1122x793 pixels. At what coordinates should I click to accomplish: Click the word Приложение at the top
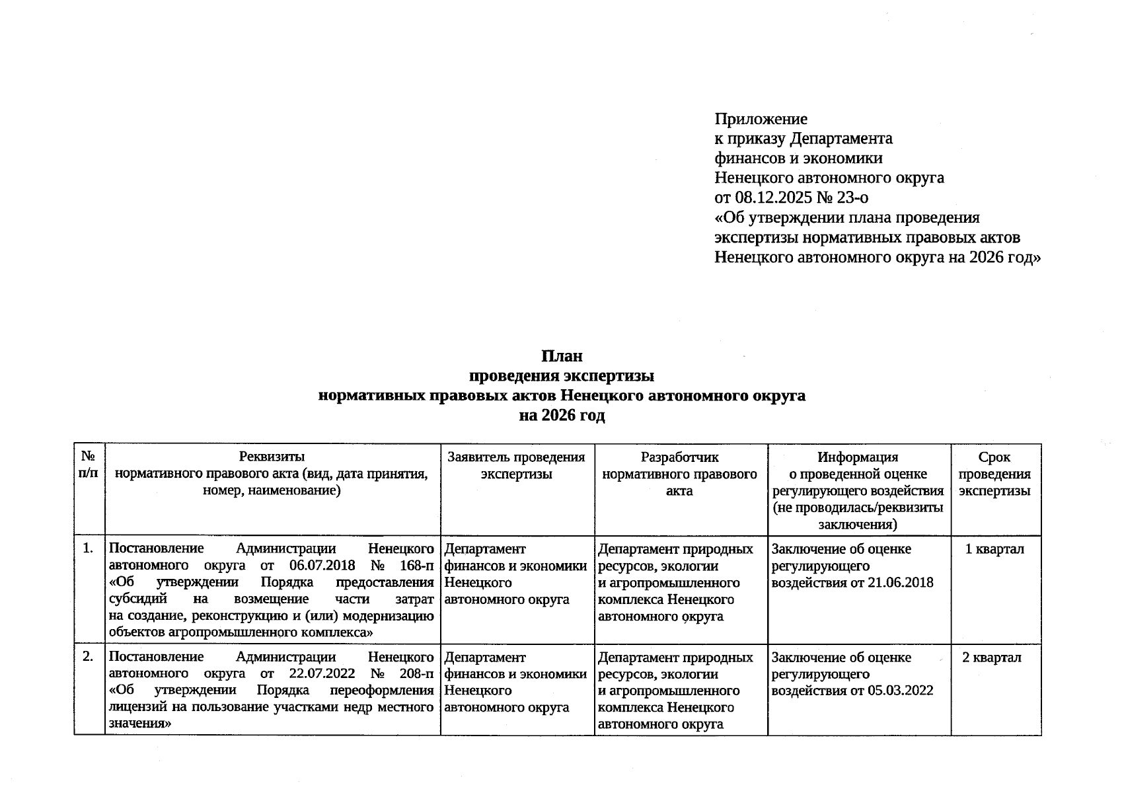tap(761, 120)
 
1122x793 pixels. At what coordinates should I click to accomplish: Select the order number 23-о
tap(850, 198)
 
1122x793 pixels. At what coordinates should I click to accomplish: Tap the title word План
tap(562, 356)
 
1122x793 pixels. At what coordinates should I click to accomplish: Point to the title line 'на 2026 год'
tap(562, 416)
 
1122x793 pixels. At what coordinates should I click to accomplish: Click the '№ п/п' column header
tap(89, 465)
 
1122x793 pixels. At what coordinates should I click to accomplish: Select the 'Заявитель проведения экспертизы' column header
tap(516, 465)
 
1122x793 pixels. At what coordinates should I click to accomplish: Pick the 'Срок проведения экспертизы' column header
tap(994, 474)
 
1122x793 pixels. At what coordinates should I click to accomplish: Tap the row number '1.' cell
tap(89, 548)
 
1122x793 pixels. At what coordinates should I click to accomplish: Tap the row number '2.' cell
tap(89, 657)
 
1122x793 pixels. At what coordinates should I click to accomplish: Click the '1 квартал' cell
tap(994, 549)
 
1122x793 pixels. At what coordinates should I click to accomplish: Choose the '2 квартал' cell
tap(991, 658)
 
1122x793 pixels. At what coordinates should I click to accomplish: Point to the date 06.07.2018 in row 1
tap(322, 566)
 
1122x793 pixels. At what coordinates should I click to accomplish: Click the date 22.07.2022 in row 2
tap(322, 674)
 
